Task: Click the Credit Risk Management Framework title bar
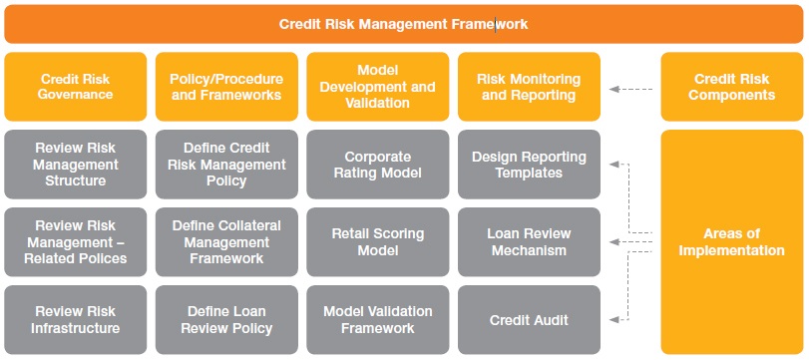pyautogui.click(x=403, y=23)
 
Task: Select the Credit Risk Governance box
pyautogui.click(x=75, y=87)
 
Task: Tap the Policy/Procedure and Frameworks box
pyautogui.click(x=226, y=87)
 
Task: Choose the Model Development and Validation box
pyautogui.click(x=378, y=87)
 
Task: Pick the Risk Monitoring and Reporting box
pyautogui.click(x=529, y=87)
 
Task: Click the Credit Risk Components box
pyautogui.click(x=731, y=87)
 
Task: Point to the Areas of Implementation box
pyautogui.click(x=731, y=241)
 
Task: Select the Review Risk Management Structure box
pyautogui.click(x=75, y=165)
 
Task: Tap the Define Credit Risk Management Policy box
pyautogui.click(x=226, y=165)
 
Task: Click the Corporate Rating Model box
pyautogui.click(x=378, y=165)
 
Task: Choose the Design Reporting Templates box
pyautogui.click(x=529, y=165)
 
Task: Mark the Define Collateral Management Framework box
pyautogui.click(x=226, y=242)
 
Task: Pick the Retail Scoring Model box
pyautogui.click(x=378, y=242)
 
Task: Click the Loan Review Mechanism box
pyautogui.click(x=529, y=242)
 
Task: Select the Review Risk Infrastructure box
pyautogui.click(x=75, y=320)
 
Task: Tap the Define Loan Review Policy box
pyautogui.click(x=226, y=320)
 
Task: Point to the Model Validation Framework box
pyautogui.click(x=378, y=320)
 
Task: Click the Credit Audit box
pyautogui.click(x=529, y=320)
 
